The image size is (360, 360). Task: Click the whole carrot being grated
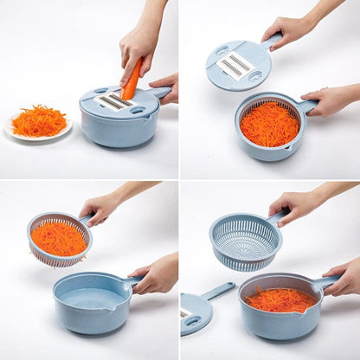point(131,80)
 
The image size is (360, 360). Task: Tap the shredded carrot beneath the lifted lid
point(269,125)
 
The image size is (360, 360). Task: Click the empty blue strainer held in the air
point(245,241)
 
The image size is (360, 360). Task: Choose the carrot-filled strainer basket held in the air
point(58,239)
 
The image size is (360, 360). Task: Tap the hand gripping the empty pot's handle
point(157,276)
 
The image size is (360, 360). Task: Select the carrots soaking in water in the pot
point(279,299)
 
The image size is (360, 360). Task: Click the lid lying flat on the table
point(196,312)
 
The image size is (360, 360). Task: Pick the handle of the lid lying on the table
point(218,290)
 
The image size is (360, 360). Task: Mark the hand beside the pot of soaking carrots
point(344,279)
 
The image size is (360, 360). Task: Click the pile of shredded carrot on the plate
point(39,120)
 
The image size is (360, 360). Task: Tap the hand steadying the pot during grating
point(165,86)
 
